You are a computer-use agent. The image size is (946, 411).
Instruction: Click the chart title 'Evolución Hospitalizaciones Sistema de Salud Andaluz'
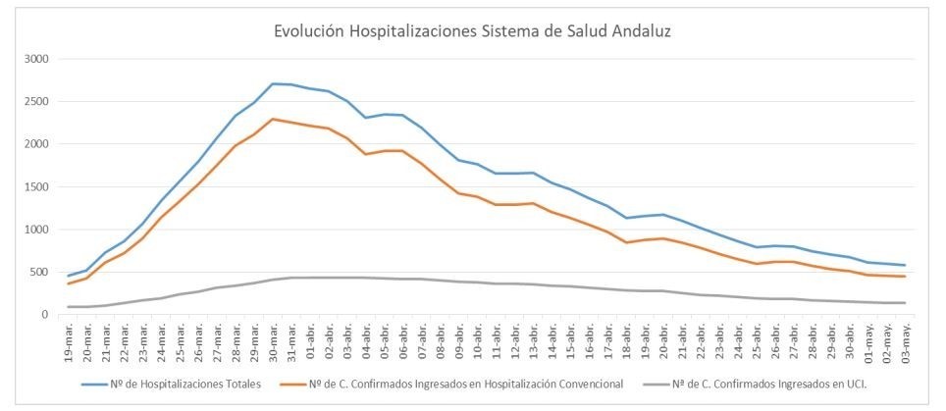pos(472,31)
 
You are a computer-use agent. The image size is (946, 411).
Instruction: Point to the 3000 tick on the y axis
pos(35,59)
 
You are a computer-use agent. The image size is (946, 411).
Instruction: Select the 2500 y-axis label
pos(35,102)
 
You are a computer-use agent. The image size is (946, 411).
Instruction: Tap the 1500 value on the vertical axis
pos(35,187)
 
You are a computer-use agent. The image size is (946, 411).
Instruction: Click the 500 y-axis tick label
pos(39,273)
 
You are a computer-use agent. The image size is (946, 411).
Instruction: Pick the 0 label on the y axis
pos(45,315)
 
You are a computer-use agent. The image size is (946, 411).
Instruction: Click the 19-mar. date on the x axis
pos(69,338)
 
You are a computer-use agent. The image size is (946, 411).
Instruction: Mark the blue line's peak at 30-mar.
pos(273,83)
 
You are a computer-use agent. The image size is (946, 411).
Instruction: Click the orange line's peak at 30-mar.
pos(273,119)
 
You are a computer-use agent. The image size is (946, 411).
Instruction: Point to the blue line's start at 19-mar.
pos(69,276)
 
